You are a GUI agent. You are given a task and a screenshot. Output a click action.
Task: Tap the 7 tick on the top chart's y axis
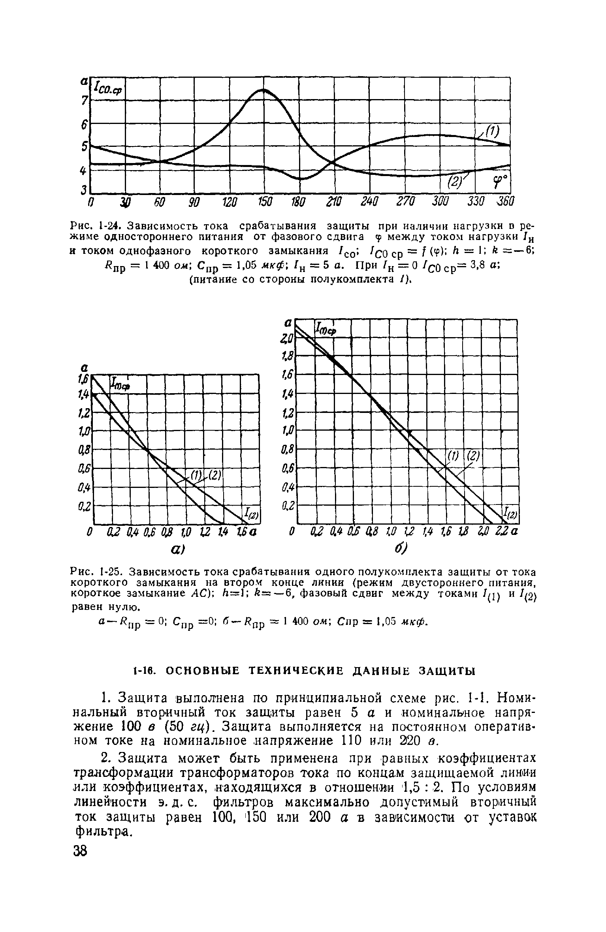pos(84,101)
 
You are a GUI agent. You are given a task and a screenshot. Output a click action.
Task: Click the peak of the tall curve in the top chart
pos(263,90)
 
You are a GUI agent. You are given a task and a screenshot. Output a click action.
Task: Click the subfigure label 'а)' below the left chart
pos(175,549)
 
